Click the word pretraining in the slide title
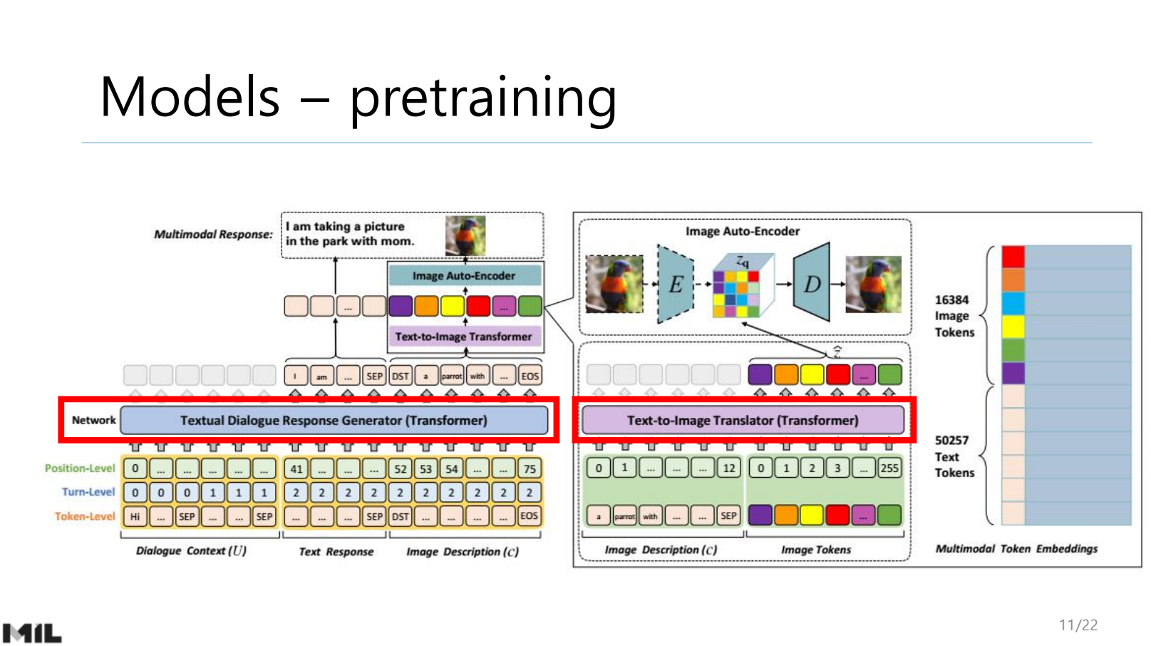coord(482,98)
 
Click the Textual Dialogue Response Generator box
coord(334,420)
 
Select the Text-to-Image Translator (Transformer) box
coord(743,420)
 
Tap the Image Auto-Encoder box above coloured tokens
coord(464,275)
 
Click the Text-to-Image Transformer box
coord(464,336)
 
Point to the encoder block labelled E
coord(675,284)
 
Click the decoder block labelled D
coord(812,284)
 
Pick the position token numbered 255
coord(889,468)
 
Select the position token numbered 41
coord(296,469)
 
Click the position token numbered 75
coord(529,469)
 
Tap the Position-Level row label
coord(80,468)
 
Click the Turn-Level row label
coord(88,492)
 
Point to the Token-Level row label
coord(84,516)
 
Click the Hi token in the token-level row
coord(135,516)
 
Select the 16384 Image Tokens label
coord(954,316)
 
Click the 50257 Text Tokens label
coord(954,456)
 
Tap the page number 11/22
coord(1078,625)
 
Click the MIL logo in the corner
coord(32,632)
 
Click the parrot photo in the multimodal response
coord(465,236)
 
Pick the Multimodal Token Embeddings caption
coord(1016,548)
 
